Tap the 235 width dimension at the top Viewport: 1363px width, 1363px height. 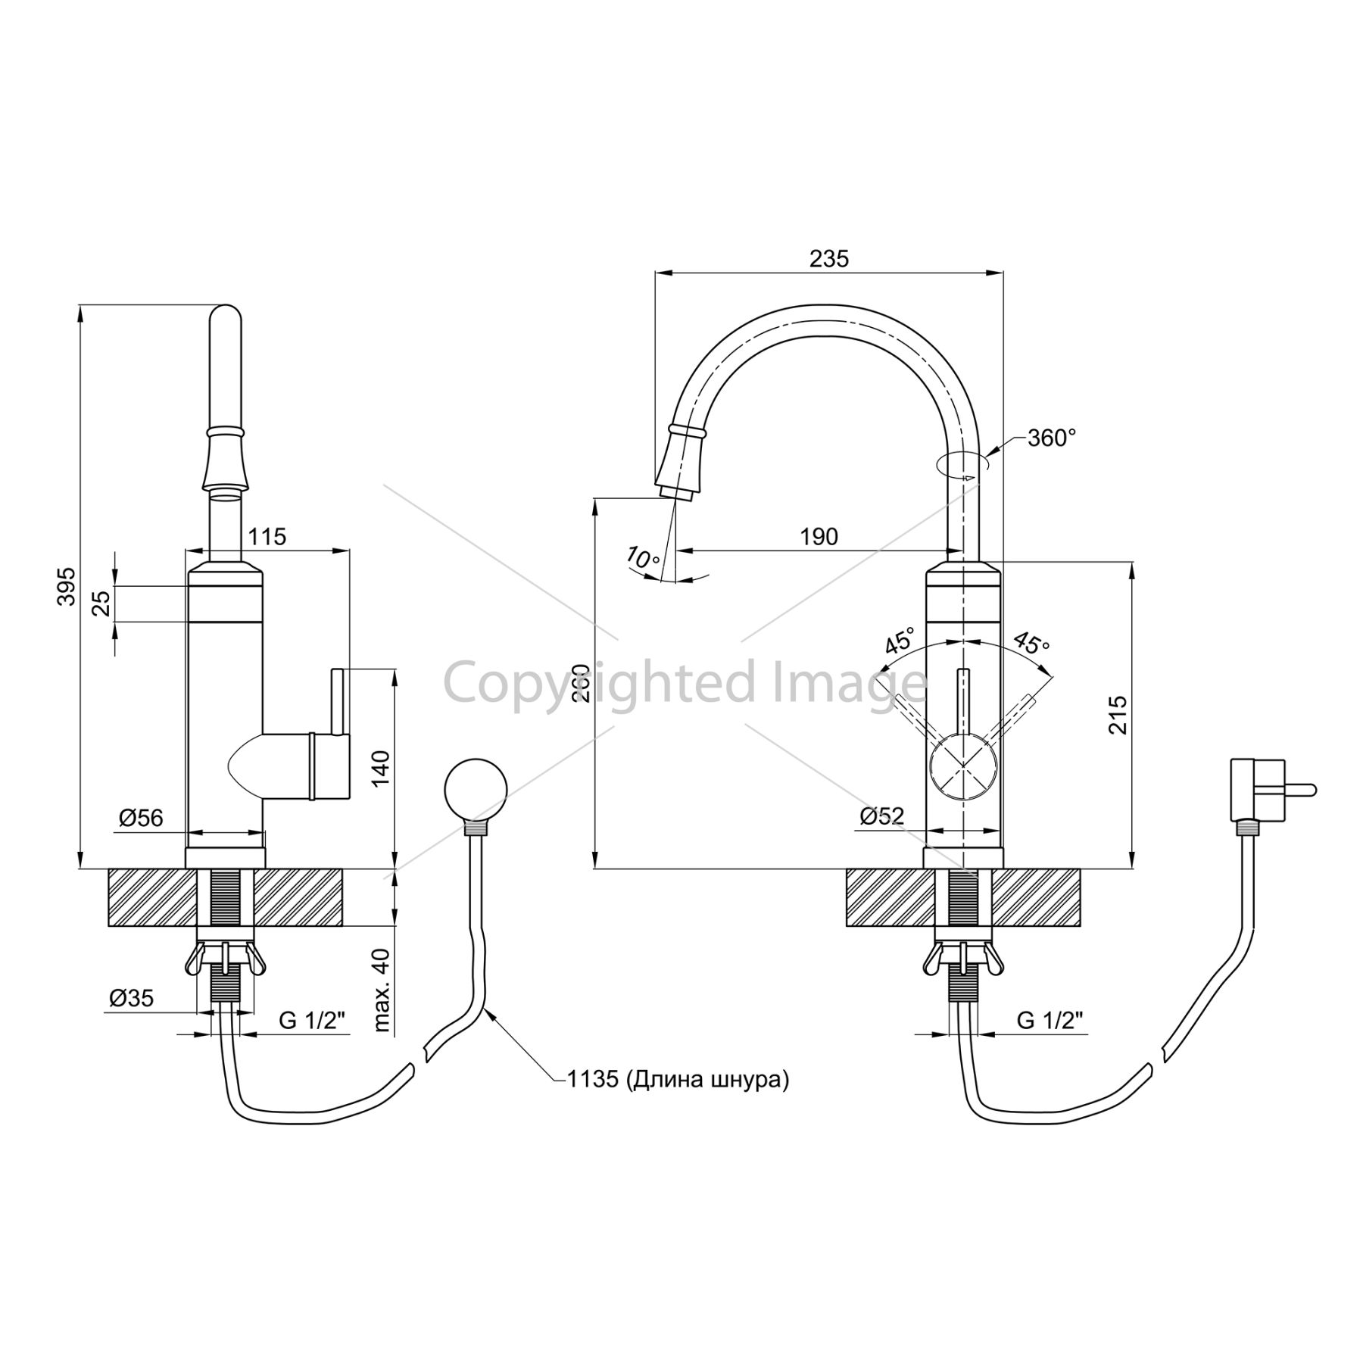[x=829, y=259]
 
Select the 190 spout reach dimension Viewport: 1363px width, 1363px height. [x=819, y=537]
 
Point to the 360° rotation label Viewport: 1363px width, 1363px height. [x=1052, y=438]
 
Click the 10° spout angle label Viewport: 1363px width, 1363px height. [x=643, y=558]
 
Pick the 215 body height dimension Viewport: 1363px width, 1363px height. [x=1118, y=714]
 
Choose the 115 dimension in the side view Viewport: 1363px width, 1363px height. [x=267, y=537]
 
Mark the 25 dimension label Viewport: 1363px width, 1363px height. [x=101, y=604]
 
